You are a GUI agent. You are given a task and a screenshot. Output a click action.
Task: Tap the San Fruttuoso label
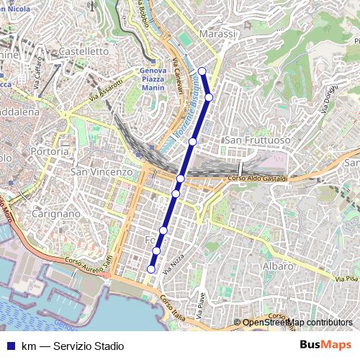pos(258,139)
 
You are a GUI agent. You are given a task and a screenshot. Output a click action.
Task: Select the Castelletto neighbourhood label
pos(83,52)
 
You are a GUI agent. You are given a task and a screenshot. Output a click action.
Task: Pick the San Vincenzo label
pos(102,172)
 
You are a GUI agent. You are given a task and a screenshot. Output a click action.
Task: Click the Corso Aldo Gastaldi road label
pos(257,179)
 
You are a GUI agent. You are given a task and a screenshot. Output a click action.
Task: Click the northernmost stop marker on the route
pos(202,71)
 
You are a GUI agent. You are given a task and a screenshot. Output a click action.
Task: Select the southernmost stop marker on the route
pos(151,269)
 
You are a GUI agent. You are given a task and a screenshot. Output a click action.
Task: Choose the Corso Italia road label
pos(174,302)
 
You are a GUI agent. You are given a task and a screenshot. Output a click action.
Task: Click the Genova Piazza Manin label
pos(153,80)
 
